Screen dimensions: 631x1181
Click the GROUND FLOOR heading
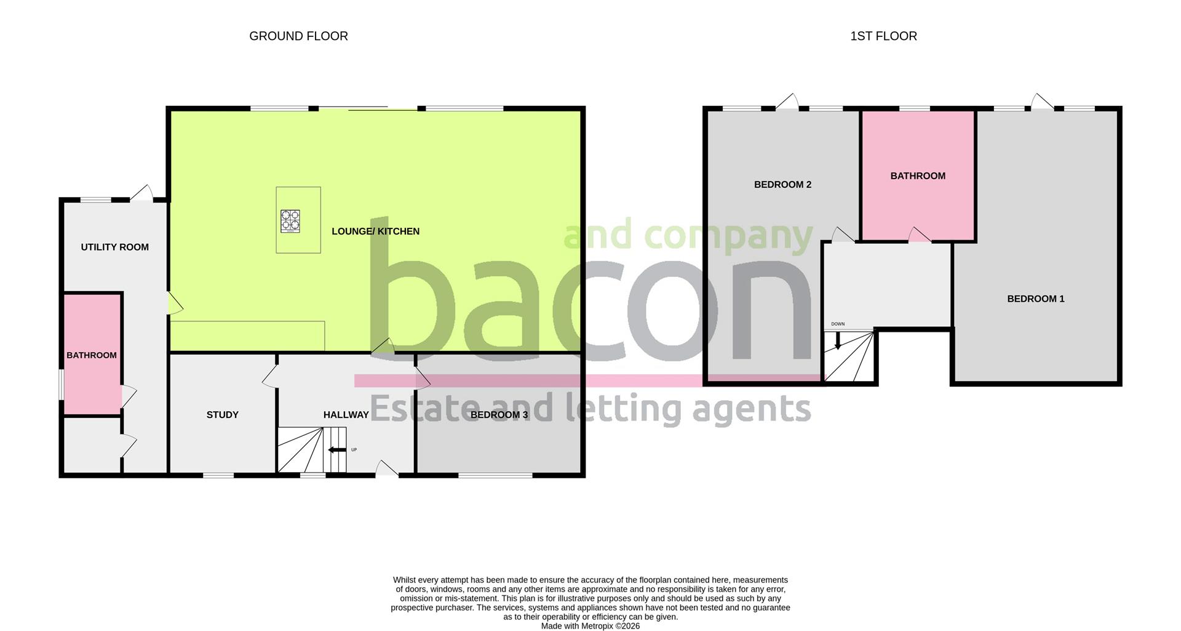[298, 36]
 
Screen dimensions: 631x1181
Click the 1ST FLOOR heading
[883, 36]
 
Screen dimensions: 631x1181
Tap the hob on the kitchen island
[290, 221]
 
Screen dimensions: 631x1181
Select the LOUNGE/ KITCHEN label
[375, 231]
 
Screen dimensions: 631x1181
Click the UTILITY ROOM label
[115, 247]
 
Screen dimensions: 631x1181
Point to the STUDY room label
[222, 415]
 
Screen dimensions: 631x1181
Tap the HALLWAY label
[346, 415]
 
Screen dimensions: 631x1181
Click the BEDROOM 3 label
[499, 415]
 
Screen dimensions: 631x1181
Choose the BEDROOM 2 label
[782, 185]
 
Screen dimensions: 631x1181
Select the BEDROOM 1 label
[1035, 299]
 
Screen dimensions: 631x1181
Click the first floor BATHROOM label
[918, 176]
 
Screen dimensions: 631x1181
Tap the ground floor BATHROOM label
[92, 355]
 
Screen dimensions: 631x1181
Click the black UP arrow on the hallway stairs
[337, 450]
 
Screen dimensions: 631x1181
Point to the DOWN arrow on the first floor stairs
[837, 340]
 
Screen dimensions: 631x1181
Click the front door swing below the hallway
[386, 468]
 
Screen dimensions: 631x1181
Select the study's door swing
[269, 377]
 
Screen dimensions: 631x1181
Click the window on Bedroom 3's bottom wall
[495, 475]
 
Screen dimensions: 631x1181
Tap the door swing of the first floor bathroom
[919, 235]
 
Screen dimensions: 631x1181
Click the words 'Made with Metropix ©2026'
[590, 626]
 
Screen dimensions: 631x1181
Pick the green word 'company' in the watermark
[728, 236]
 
